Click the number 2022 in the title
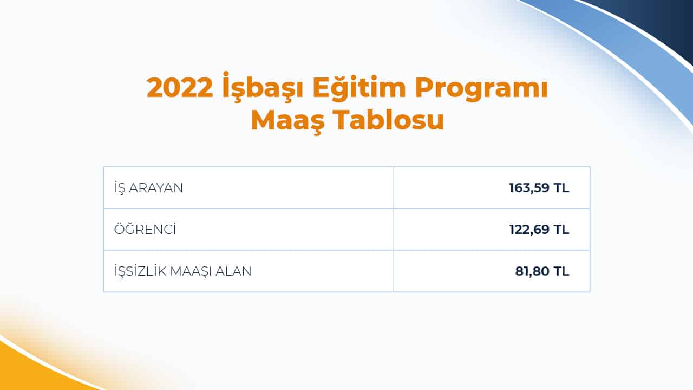point(180,88)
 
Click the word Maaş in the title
point(287,120)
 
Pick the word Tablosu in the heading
point(388,120)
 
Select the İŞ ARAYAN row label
point(149,188)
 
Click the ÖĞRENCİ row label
point(146,230)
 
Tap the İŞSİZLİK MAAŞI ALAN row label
point(183,271)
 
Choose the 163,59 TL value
point(539,188)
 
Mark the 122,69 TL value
point(539,230)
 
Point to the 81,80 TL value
point(542,271)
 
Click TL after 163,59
point(561,188)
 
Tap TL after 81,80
point(561,271)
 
